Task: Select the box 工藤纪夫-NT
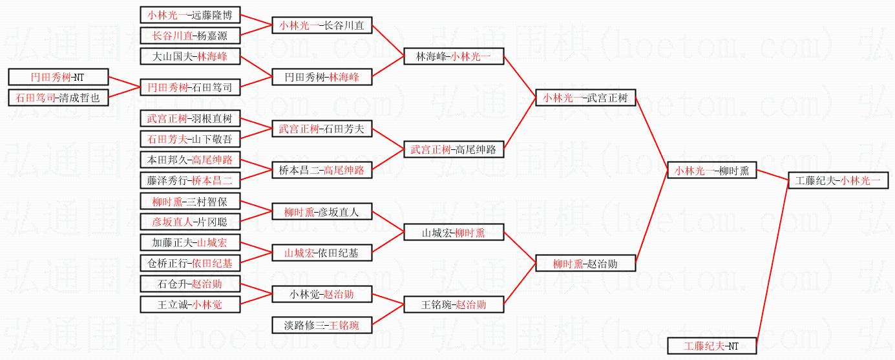pos(711,346)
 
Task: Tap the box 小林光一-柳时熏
pos(711,171)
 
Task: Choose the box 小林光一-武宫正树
pos(585,98)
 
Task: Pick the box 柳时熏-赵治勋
pos(585,263)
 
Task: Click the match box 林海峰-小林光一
pos(453,57)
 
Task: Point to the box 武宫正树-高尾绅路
pos(453,150)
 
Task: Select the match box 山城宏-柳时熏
pos(453,233)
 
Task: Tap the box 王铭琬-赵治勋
pos(453,304)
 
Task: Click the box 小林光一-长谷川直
pos(321,26)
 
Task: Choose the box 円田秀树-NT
pos(58,77)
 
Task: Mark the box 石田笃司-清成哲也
pos(58,98)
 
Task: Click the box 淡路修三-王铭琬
pos(321,325)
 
